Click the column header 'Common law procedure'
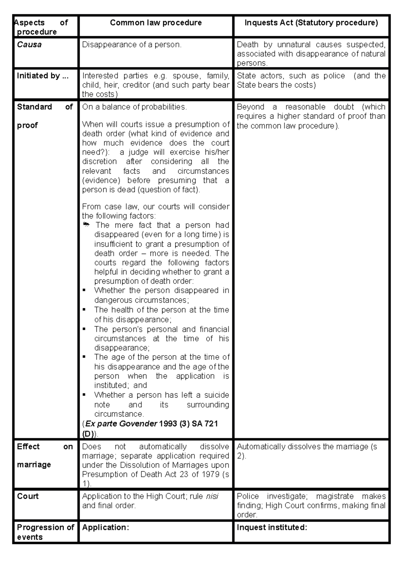156,23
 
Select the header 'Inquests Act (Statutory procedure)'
311,23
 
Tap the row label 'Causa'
29,45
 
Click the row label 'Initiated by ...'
43,76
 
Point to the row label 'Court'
28,496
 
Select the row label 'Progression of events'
45,532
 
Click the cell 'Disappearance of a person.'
132,45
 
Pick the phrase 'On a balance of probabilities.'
134,107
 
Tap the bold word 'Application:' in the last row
106,528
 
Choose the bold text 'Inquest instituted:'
272,528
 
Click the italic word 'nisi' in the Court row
212,496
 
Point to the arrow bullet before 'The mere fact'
86,225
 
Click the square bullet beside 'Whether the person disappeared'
84,291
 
